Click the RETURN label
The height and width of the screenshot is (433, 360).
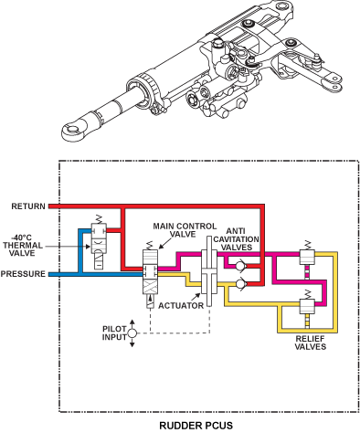[28, 206]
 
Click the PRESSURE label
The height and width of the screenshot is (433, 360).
[23, 274]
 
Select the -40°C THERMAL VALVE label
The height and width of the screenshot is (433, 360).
[23, 246]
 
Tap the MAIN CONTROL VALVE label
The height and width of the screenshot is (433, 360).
[185, 230]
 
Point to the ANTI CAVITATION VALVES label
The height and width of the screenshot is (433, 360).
[236, 239]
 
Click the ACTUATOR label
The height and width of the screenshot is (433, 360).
[181, 305]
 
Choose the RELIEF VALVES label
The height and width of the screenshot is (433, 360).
[311, 343]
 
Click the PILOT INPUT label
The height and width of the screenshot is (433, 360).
[114, 333]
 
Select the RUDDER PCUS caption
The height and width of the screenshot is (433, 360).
[196, 425]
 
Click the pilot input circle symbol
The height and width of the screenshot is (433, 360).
[132, 333]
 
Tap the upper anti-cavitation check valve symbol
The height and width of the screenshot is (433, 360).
[241, 266]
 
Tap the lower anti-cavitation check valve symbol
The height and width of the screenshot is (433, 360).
[241, 283]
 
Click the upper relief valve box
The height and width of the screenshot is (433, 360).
[307, 257]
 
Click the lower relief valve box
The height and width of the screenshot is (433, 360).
[307, 306]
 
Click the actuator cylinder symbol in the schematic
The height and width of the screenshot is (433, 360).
[209, 271]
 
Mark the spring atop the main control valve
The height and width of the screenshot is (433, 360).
[150, 246]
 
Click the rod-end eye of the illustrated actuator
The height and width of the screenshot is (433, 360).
[73, 130]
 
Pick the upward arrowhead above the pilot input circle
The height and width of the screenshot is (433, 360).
[132, 322]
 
